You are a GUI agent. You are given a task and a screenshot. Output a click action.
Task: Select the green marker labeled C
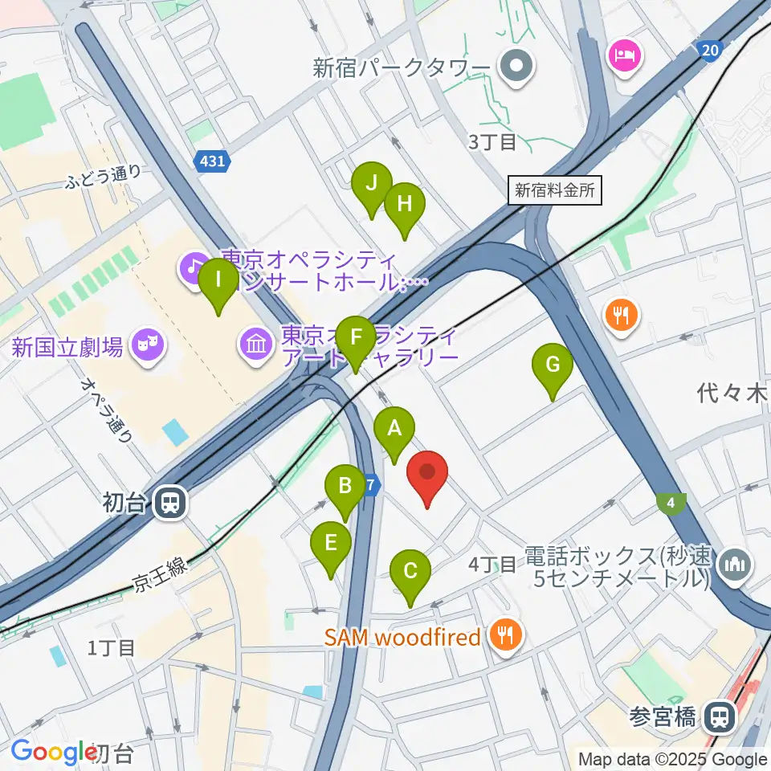click(410, 573)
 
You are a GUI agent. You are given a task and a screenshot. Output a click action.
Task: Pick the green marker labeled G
click(553, 366)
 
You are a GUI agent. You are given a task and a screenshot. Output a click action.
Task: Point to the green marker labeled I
click(218, 281)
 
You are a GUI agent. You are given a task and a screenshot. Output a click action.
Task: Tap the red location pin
click(428, 474)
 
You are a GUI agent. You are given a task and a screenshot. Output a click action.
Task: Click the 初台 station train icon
click(169, 504)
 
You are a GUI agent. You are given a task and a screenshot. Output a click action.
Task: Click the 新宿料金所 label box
click(555, 191)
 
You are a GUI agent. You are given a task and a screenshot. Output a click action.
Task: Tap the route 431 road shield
click(213, 161)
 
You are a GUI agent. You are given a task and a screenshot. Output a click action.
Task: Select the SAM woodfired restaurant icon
click(507, 638)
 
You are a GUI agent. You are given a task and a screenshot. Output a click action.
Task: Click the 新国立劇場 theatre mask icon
click(147, 346)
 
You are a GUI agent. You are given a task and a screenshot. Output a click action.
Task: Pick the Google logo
click(48, 753)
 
